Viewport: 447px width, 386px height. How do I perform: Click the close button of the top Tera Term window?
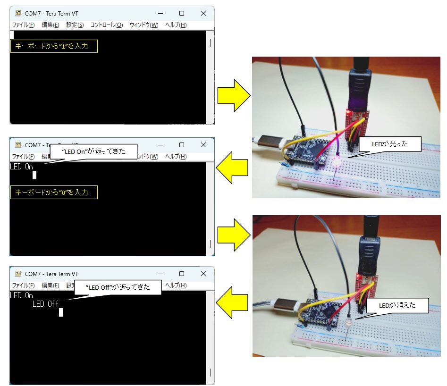point(203,13)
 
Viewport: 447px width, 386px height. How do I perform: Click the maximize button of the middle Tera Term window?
point(182,145)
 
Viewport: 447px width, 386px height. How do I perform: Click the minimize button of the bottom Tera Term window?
point(160,274)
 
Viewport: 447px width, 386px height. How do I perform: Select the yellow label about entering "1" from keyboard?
point(54,46)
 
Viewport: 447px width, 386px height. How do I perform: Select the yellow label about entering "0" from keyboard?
point(54,192)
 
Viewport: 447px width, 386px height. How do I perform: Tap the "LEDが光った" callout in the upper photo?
point(389,144)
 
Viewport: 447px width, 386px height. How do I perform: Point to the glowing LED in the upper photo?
point(337,163)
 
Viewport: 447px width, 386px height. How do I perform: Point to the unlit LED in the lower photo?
point(347,323)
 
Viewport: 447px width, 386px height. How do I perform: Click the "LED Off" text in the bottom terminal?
point(45,304)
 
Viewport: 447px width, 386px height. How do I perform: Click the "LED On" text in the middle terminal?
point(21,167)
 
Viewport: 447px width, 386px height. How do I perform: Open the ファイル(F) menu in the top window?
point(23,25)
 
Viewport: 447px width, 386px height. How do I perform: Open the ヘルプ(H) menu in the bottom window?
point(176,285)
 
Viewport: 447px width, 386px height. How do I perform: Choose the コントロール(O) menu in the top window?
point(107,25)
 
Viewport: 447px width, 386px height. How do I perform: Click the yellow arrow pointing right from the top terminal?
point(233,96)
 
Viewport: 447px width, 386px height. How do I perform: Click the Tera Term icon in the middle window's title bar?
point(18,145)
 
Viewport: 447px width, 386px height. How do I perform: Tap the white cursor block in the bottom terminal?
point(61,312)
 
